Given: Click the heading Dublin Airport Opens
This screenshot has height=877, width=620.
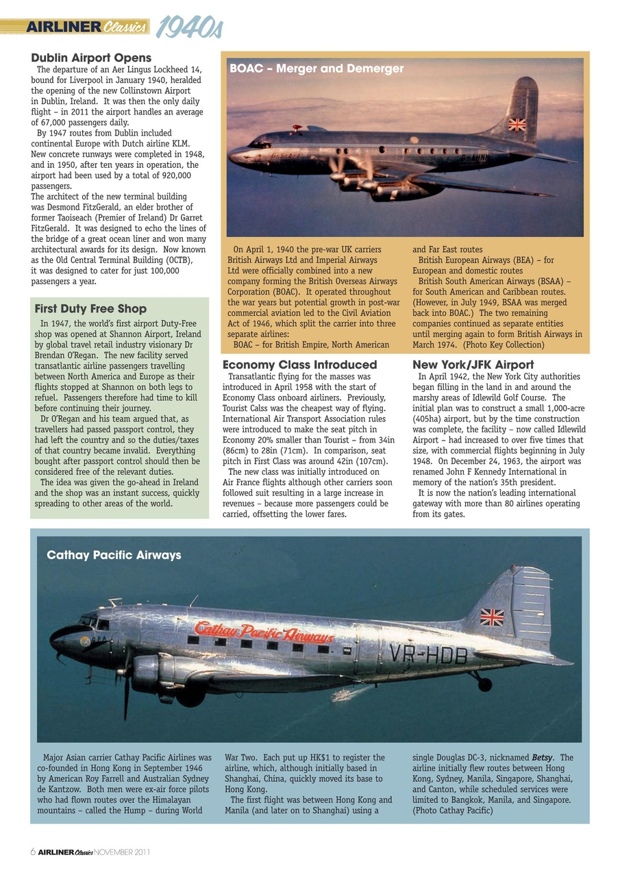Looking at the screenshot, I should (x=91, y=58).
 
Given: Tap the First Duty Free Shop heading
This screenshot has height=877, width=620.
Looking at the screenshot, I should (x=90, y=309).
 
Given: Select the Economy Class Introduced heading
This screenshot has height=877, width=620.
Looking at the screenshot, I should (x=299, y=365).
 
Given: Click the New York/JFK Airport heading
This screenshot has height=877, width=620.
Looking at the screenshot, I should (x=473, y=365).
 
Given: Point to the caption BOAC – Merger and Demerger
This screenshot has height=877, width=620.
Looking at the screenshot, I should (x=317, y=69).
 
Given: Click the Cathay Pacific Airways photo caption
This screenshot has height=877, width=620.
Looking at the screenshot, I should (x=114, y=555).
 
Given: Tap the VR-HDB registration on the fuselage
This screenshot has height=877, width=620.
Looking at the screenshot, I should (x=427, y=656).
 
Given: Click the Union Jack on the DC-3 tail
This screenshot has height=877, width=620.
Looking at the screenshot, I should (x=491, y=617).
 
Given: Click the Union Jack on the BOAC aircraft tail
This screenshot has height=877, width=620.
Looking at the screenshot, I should (x=517, y=124).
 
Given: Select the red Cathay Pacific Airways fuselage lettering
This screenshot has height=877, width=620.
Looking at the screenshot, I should (x=264, y=632).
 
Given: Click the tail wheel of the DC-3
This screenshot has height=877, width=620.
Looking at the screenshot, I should (x=484, y=684).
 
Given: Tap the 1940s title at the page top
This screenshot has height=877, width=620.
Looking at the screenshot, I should (x=188, y=28).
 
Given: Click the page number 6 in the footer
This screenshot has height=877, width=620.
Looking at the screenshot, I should (x=33, y=852).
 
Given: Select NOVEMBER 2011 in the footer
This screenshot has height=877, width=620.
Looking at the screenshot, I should (x=122, y=852).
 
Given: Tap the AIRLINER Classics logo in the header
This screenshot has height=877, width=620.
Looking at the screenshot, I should (x=86, y=27).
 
